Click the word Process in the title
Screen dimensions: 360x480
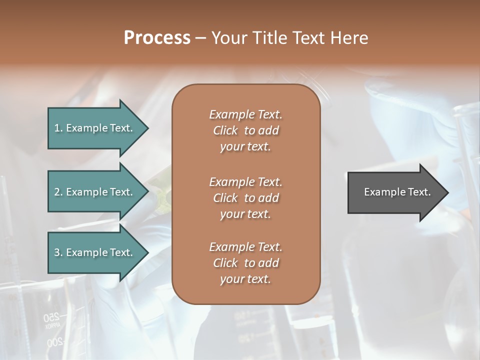click(157, 37)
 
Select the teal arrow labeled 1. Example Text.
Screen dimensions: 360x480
click(95, 128)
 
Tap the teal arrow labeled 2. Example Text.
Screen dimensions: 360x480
click(95, 192)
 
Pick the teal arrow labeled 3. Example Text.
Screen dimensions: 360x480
click(95, 252)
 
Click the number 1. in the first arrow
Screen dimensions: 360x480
click(58, 128)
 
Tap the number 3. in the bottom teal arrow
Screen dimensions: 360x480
click(58, 252)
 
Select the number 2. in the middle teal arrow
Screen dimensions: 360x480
click(58, 192)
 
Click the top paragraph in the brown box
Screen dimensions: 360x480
click(245, 130)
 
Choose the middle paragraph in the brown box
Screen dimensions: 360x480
click(245, 197)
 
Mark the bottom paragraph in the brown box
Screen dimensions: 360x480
click(245, 263)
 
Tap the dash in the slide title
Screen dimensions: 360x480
click(200, 38)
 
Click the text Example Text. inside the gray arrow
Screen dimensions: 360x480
click(397, 192)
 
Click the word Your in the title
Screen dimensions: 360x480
click(227, 37)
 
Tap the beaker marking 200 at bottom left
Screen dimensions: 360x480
click(55, 343)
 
